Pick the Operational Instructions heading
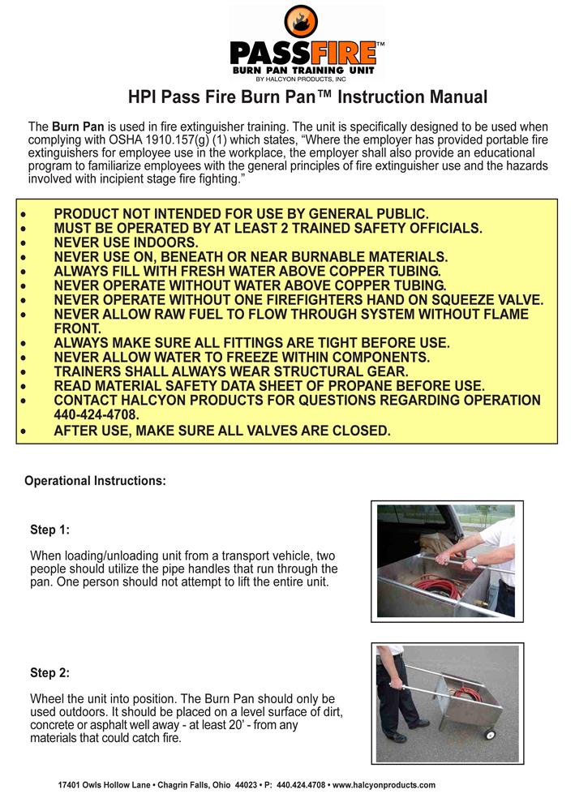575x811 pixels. pos(96,480)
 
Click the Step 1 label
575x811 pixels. pos(49,530)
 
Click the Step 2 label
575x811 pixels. pos(49,673)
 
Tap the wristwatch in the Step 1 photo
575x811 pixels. pos(474,560)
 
